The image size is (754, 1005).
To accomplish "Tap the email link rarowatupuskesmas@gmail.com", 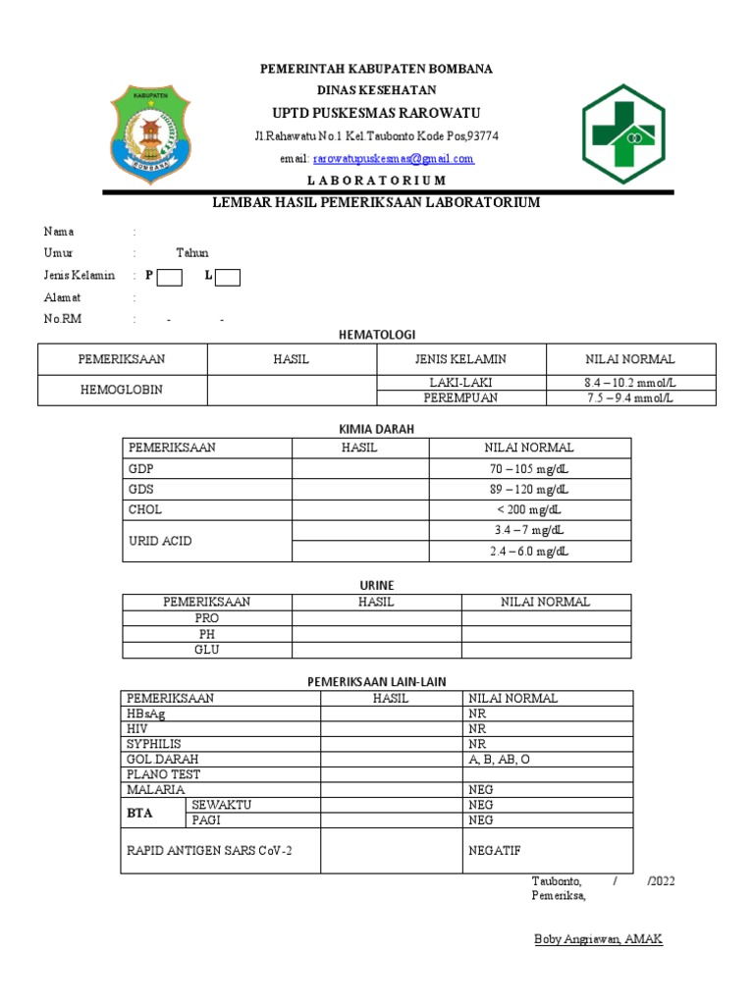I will click(x=394, y=158).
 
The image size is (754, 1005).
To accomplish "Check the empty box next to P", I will click(x=170, y=277).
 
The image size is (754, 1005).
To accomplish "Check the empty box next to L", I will click(x=228, y=277).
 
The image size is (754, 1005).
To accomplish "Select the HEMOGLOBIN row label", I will click(x=122, y=390).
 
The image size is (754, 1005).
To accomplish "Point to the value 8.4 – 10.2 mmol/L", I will click(x=630, y=382).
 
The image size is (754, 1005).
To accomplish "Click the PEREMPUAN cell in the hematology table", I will click(x=460, y=397).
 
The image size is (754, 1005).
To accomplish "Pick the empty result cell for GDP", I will click(x=360, y=468).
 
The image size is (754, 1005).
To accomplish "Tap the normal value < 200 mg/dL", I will click(x=530, y=509).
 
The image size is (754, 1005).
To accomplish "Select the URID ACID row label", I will click(x=159, y=541).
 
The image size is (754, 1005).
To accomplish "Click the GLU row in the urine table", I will click(x=206, y=650).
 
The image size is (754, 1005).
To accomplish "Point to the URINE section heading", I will click(x=377, y=585).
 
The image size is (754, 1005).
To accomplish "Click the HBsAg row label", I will click(x=146, y=714).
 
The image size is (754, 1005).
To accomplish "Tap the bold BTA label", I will click(x=140, y=813).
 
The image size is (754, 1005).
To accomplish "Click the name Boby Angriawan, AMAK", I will click(x=598, y=939).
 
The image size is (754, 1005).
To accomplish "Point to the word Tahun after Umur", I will click(x=191, y=253).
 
